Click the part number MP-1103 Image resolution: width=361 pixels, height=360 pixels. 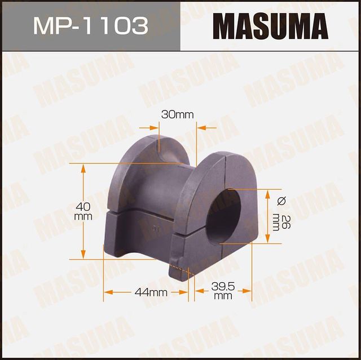[x=90, y=26]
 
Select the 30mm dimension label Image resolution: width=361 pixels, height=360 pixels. [x=177, y=115]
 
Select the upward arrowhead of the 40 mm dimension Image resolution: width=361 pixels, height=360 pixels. [x=83, y=168]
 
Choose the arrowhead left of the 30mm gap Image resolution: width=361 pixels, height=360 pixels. [x=155, y=128]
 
